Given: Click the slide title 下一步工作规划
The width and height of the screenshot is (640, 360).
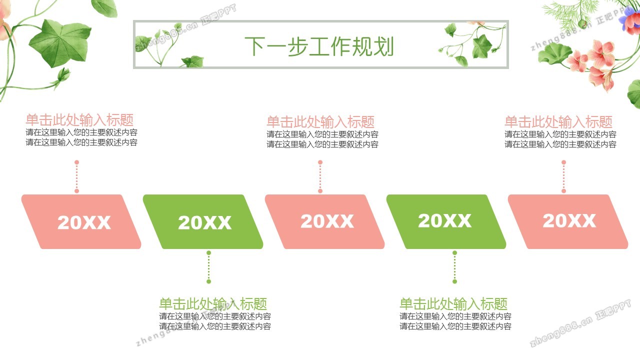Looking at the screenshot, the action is (319, 46).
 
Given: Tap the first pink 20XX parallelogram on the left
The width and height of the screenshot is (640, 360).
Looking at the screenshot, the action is (81, 221).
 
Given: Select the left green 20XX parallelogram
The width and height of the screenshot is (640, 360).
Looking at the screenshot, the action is (203, 221).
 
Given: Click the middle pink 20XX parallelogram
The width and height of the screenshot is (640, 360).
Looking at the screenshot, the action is (324, 221).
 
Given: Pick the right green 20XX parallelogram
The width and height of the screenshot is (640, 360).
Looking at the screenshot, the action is (446, 221).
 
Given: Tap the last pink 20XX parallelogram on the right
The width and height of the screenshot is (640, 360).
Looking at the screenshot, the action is (567, 221).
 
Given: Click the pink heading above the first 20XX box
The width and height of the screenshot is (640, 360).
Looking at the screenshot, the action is (79, 120).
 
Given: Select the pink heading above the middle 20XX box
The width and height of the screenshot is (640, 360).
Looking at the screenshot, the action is (320, 122).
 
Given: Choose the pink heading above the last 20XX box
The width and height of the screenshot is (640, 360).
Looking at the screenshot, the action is (558, 122).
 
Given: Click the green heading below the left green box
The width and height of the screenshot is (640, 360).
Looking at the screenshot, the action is (213, 303).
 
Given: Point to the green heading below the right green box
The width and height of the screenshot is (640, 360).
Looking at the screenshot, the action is (453, 303).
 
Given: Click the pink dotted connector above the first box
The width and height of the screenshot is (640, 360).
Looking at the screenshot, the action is (76, 176).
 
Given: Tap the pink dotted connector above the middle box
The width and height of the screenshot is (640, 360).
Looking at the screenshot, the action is (320, 176).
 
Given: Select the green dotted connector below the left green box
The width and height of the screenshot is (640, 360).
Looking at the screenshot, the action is (209, 267).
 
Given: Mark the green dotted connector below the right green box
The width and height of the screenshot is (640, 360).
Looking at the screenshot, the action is (455, 267).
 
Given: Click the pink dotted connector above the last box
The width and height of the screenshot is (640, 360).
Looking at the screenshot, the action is (563, 176).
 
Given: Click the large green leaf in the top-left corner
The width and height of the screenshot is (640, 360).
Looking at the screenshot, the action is (60, 43).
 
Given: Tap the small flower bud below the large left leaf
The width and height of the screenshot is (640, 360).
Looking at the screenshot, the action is (63, 75).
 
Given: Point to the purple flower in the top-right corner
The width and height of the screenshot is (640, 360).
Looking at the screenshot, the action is (630, 20).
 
